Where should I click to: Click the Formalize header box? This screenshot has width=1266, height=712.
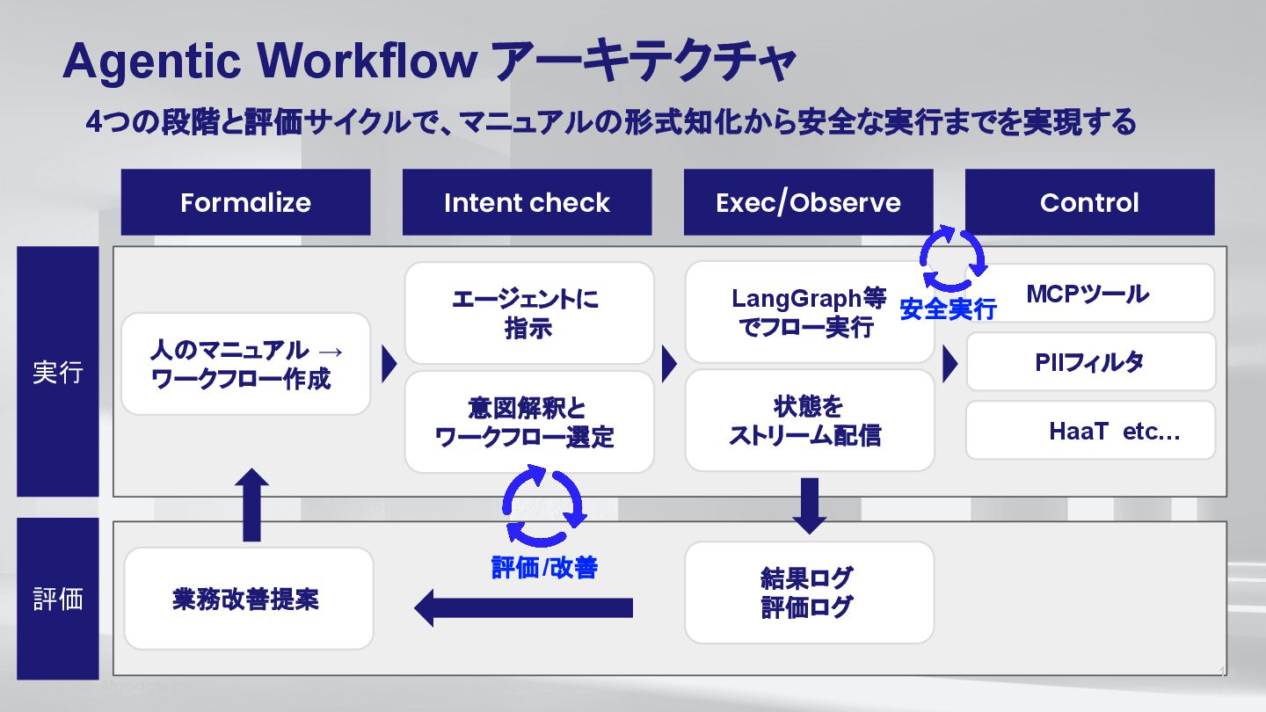click(245, 202)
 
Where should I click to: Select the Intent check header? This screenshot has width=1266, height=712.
click(527, 202)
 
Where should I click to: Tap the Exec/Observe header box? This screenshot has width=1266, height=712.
click(808, 202)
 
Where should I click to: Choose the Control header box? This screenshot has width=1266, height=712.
click(1089, 202)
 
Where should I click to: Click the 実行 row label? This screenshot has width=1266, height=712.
click(58, 372)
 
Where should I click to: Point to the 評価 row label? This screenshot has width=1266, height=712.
click(58, 599)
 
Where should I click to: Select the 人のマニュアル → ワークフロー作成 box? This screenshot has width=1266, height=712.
click(245, 364)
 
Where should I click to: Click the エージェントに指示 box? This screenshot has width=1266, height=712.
click(528, 313)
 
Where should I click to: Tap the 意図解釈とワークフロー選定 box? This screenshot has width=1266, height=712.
click(528, 422)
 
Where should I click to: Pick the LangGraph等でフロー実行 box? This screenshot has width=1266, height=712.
click(809, 312)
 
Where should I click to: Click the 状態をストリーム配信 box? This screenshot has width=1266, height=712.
click(809, 420)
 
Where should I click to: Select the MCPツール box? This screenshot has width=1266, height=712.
click(1090, 294)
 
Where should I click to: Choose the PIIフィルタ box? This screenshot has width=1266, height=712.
click(1090, 361)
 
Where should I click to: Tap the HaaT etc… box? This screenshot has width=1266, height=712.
click(1090, 431)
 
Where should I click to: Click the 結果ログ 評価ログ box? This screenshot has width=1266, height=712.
click(809, 592)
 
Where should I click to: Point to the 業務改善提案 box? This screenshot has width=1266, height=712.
click(249, 599)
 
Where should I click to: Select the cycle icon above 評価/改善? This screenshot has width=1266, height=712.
click(543, 507)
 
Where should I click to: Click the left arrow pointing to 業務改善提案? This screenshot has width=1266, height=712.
click(523, 607)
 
